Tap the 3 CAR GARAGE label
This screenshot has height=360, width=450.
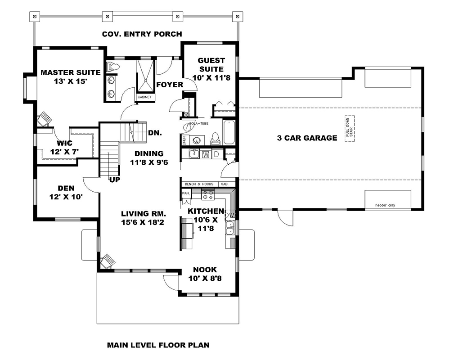pos(307,138)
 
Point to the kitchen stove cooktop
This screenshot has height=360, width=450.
pos(208,194)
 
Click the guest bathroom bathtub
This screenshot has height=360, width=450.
pos(229,132)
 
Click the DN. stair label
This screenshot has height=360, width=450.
pos(154,133)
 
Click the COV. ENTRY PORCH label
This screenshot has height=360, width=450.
pos(142,34)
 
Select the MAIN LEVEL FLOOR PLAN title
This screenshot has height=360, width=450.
pos(158,346)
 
